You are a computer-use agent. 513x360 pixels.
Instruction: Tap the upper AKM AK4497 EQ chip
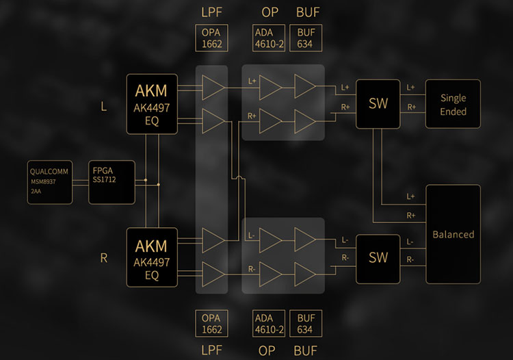[x=152, y=103]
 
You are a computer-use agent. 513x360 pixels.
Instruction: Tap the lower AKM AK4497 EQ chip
[x=152, y=257]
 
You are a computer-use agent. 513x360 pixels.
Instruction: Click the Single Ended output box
[x=453, y=103]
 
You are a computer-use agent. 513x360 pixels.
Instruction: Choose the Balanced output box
[x=453, y=234]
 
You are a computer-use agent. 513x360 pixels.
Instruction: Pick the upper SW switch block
[x=378, y=103]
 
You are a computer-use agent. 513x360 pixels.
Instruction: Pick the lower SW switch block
[x=378, y=257]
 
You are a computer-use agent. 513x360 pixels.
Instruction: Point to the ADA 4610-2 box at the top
[x=267, y=38]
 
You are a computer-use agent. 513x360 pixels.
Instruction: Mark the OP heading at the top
[x=269, y=12]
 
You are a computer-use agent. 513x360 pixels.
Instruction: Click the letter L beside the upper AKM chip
[x=104, y=108]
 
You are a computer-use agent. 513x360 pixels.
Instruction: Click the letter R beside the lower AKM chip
[x=104, y=258]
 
